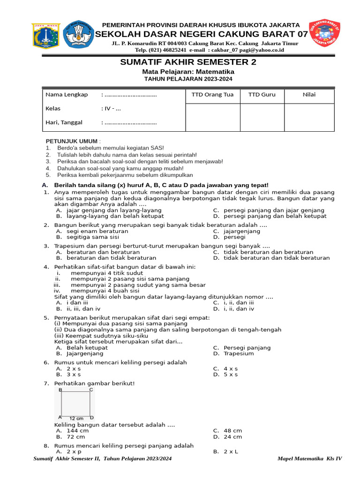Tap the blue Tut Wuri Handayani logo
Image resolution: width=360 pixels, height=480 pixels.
78,34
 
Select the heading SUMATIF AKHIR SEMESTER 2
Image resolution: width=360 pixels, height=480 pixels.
188,62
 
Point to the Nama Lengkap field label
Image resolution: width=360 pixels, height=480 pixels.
67,95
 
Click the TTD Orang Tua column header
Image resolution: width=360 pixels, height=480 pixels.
212,95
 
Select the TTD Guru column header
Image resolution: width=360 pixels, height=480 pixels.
262,95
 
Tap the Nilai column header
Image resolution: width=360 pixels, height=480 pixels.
309,95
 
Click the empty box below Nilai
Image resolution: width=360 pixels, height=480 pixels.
309,117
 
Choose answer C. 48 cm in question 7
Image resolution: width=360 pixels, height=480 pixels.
227,430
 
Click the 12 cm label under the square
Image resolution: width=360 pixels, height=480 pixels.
76,418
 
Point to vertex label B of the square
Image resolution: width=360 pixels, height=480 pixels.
60,390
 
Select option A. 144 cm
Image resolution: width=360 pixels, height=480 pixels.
72,430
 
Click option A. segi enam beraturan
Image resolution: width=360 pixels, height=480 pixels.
92,231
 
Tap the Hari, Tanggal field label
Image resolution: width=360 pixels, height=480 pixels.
64,122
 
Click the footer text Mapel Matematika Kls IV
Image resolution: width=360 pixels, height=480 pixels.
309,458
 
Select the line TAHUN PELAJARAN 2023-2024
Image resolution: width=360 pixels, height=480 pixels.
188,79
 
